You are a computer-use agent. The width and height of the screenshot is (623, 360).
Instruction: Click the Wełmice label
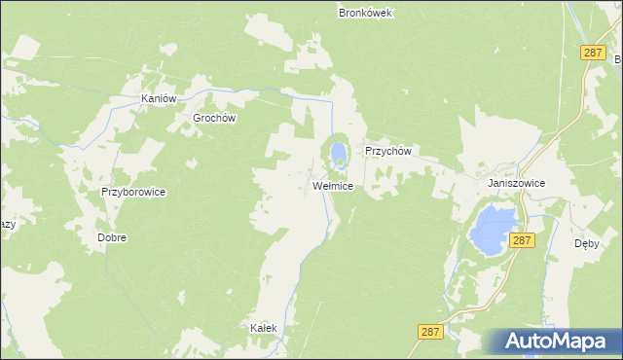point(332,185)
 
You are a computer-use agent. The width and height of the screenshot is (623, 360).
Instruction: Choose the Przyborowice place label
point(133,192)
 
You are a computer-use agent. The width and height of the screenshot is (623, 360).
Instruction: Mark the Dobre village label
point(112,236)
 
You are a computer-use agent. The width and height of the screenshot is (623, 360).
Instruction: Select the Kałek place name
point(264,328)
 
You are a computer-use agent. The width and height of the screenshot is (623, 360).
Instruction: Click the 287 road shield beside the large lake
point(523,239)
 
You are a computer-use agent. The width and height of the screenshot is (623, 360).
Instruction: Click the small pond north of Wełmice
point(338,154)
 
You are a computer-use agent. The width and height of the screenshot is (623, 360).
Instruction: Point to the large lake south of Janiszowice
point(493,228)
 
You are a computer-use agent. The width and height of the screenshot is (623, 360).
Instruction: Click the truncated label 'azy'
point(8,224)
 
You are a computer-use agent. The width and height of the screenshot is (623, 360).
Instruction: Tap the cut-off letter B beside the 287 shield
point(618,59)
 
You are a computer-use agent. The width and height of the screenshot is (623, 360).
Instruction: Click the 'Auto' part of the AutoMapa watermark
point(531,342)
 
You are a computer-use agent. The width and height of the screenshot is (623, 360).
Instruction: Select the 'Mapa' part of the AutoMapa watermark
point(583,342)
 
